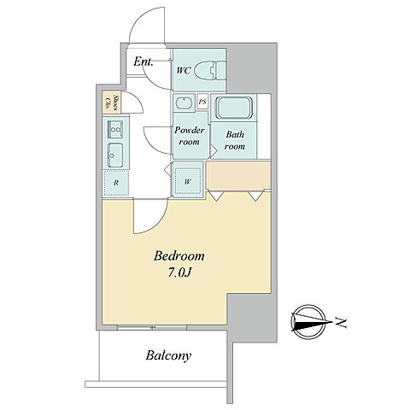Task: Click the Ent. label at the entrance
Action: [x=143, y=61]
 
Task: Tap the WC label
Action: [x=184, y=70]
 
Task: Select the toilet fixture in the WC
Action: [x=210, y=70]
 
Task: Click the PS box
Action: [x=202, y=102]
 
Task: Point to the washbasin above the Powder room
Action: [x=184, y=102]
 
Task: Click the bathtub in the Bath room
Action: [x=234, y=108]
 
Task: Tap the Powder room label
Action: [x=190, y=136]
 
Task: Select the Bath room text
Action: [x=235, y=140]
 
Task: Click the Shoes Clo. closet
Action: [x=111, y=102]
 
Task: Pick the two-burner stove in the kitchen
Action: [x=115, y=129]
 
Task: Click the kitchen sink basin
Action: [x=115, y=155]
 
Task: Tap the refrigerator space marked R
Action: [x=116, y=183]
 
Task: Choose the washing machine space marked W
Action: [x=188, y=182]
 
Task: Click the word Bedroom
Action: [x=179, y=256]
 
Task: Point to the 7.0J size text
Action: [x=179, y=272]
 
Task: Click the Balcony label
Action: [x=168, y=355]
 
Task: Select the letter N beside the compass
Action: [x=341, y=322]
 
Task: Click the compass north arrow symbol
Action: [x=309, y=322]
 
